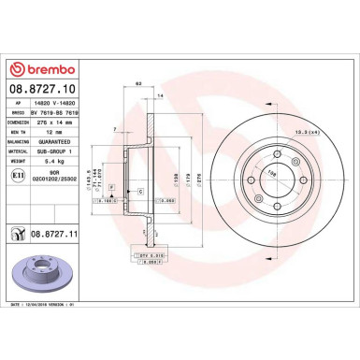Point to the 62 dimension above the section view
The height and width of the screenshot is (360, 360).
pyautogui.click(x=137, y=86)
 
